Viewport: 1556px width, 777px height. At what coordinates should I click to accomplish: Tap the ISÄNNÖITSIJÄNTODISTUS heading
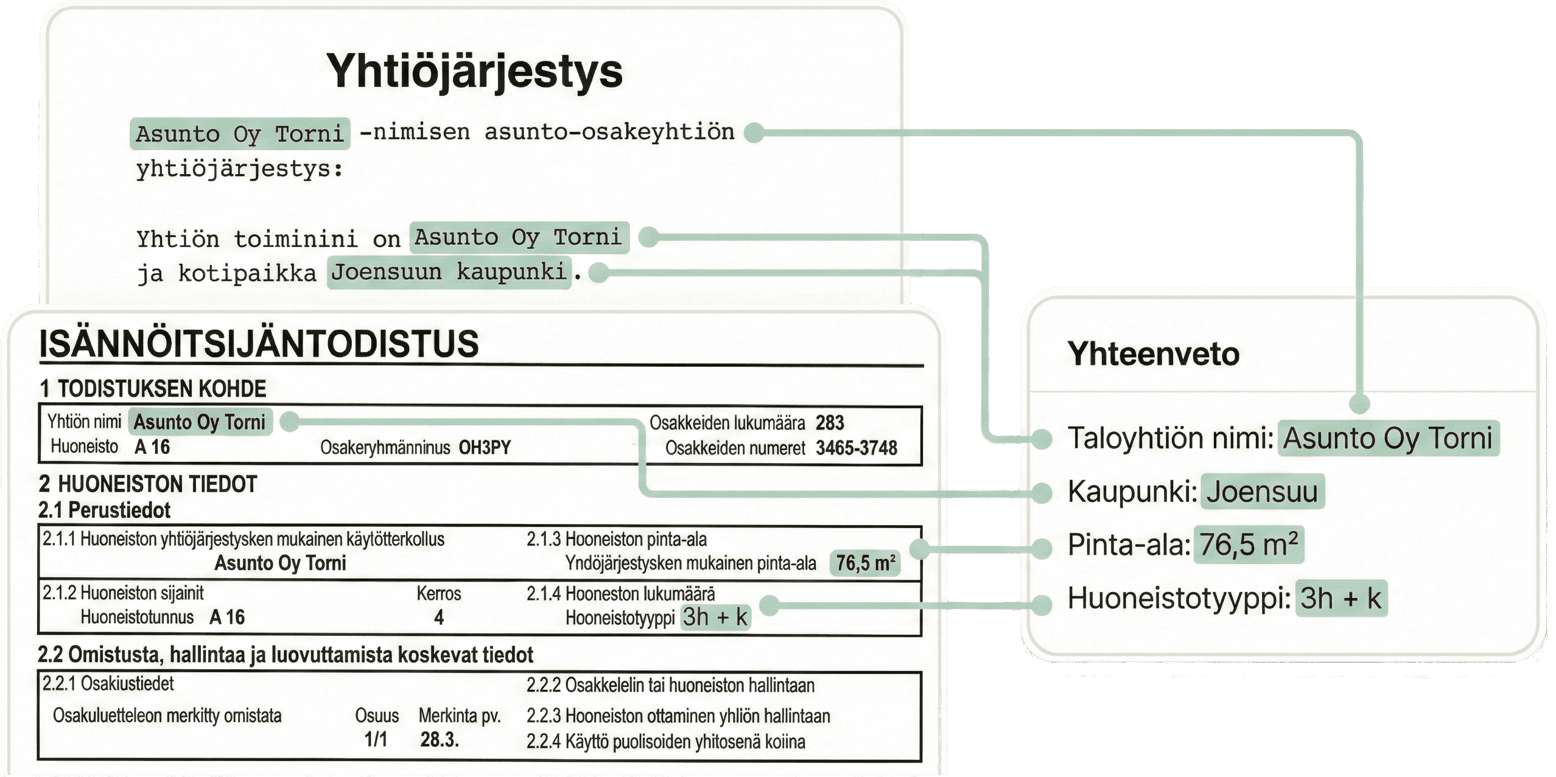[x=259, y=344]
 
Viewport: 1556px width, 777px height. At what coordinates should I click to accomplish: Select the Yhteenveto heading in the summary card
[x=1153, y=354]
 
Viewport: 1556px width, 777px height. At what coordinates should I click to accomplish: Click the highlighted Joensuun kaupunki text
[x=449, y=272]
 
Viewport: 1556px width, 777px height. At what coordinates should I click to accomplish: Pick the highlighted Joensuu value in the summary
[x=1262, y=492]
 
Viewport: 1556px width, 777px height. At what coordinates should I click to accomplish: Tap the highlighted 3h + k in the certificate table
[x=715, y=618]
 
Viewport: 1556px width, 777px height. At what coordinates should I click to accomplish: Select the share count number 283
[x=830, y=423]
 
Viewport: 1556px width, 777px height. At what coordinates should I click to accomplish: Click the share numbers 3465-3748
[x=857, y=448]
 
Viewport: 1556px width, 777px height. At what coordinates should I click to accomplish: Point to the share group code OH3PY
[x=485, y=448]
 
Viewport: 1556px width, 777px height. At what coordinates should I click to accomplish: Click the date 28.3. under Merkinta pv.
[x=439, y=740]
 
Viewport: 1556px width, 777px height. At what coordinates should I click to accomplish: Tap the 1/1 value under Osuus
[x=376, y=740]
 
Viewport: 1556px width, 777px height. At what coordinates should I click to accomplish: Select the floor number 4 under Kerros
[x=439, y=618]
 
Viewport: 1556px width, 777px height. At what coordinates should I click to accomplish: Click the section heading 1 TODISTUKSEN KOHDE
[x=153, y=389]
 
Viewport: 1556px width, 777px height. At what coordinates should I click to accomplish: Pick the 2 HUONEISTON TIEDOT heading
[x=148, y=484]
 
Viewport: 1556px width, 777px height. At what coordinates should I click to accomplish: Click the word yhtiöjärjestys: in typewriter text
[x=240, y=169]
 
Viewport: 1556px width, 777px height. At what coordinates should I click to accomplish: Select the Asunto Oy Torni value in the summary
[x=1388, y=438]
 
